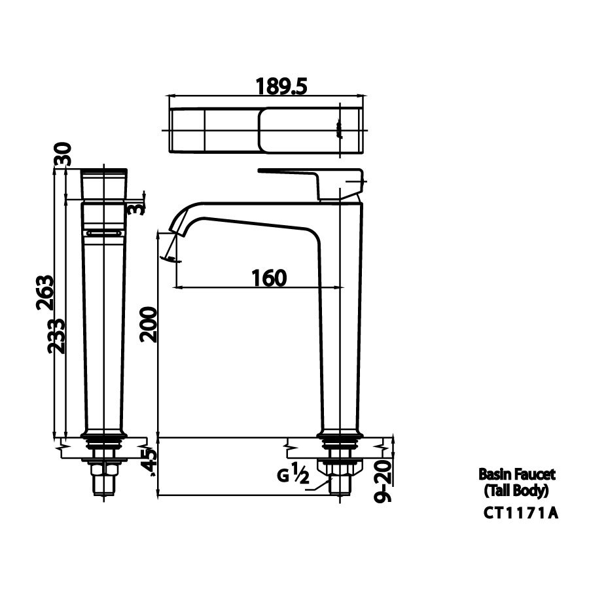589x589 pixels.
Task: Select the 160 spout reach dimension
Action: tap(269, 278)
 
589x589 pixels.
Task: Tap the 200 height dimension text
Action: tap(149, 323)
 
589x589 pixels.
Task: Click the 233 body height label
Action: tap(57, 336)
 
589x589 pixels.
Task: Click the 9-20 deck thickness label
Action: tap(384, 480)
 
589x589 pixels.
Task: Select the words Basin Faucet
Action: tap(517, 473)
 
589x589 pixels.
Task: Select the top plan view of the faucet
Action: tap(266, 130)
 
